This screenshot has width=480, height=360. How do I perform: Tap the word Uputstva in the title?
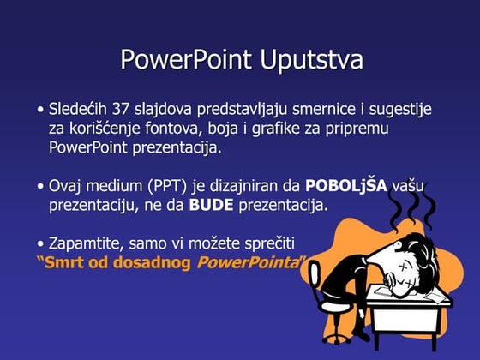click(309, 61)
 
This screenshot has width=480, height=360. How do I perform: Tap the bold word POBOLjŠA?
click(346, 185)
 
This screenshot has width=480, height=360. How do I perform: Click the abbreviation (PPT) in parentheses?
click(171, 185)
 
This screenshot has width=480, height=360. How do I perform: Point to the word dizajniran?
click(243, 185)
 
